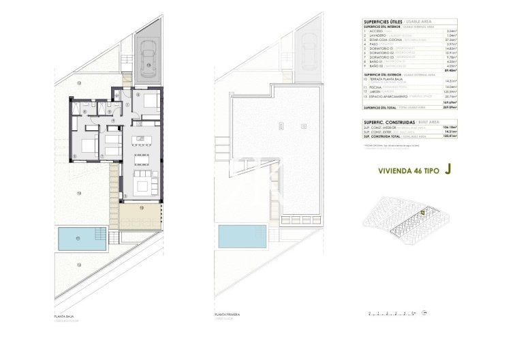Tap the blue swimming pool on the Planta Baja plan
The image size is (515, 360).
pos(78,239)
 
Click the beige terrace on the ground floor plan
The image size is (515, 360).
pos(140,217)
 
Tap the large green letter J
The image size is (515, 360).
pos(447,172)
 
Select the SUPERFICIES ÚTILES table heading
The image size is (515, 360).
pos(382,20)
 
